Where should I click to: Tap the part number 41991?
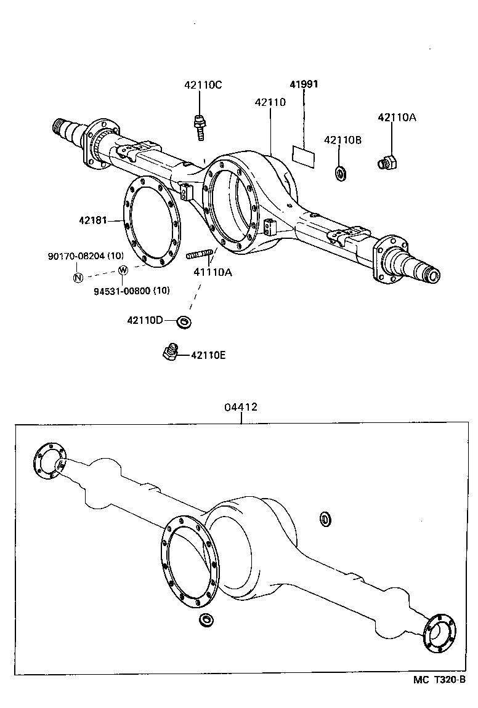(304, 84)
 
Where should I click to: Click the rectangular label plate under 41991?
(302, 155)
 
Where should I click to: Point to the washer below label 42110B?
(341, 172)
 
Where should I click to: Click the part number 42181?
(92, 220)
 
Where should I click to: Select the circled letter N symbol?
(78, 277)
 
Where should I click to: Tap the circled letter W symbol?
(123, 270)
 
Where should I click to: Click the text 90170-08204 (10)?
(86, 255)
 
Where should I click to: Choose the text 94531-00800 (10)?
(132, 291)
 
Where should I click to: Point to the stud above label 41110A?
(200, 253)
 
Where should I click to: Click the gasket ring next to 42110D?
(184, 321)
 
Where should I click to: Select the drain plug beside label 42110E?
(170, 352)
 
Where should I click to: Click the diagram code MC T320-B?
(439, 680)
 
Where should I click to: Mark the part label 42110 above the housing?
(270, 102)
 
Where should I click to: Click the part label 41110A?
(213, 272)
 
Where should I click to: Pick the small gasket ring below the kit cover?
(206, 619)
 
